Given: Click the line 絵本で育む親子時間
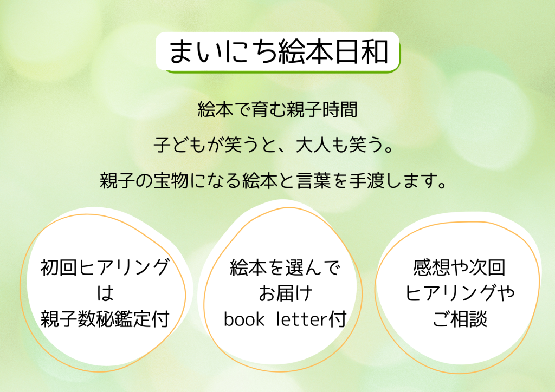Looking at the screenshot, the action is click(277, 109).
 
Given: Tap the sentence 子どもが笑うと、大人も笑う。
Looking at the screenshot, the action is click(274, 145).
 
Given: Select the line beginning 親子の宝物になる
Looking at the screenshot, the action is click(273, 180).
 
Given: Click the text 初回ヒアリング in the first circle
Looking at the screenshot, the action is click(105, 267).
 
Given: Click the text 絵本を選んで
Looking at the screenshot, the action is click(285, 267).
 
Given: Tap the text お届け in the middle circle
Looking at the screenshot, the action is click(286, 293).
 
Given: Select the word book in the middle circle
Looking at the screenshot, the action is click(244, 319).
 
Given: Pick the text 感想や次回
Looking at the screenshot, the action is click(459, 267).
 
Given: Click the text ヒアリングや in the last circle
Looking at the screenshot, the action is click(460, 293).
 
